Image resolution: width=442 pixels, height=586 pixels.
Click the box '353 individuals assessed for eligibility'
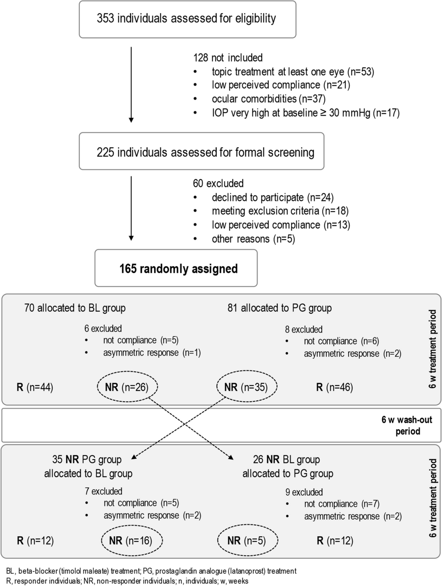pos(187,19)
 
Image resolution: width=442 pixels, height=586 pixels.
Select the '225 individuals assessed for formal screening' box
pos(202,152)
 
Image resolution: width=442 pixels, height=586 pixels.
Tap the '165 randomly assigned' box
pos(176,269)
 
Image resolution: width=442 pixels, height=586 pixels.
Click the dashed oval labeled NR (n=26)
pos(127,387)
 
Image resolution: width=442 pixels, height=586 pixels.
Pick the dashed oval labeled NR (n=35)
pos(246,387)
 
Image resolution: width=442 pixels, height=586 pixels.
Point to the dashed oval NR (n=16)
pos(131,541)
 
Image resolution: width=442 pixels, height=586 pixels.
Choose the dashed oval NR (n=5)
pos(247,541)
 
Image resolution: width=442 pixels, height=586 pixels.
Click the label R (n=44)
pos(35,387)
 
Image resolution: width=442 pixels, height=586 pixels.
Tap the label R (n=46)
pos(335,387)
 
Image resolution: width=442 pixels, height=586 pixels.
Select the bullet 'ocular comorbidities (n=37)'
pos(268,99)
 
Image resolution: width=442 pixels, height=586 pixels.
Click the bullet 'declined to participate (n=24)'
pos(272,198)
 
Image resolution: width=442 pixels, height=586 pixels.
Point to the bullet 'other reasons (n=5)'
pos(253,239)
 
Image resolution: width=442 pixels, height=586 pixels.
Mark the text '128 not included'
pos(228,58)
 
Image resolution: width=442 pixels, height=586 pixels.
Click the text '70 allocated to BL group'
pos(75,308)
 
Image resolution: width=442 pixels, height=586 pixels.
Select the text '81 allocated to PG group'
pos(279,308)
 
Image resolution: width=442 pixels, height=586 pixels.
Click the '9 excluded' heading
pos(304,492)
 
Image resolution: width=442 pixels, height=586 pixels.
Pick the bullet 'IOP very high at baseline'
pos(306,113)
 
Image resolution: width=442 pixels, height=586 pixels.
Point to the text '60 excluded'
pos(218,184)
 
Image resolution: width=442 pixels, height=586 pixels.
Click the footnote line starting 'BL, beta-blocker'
pos(151,571)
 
